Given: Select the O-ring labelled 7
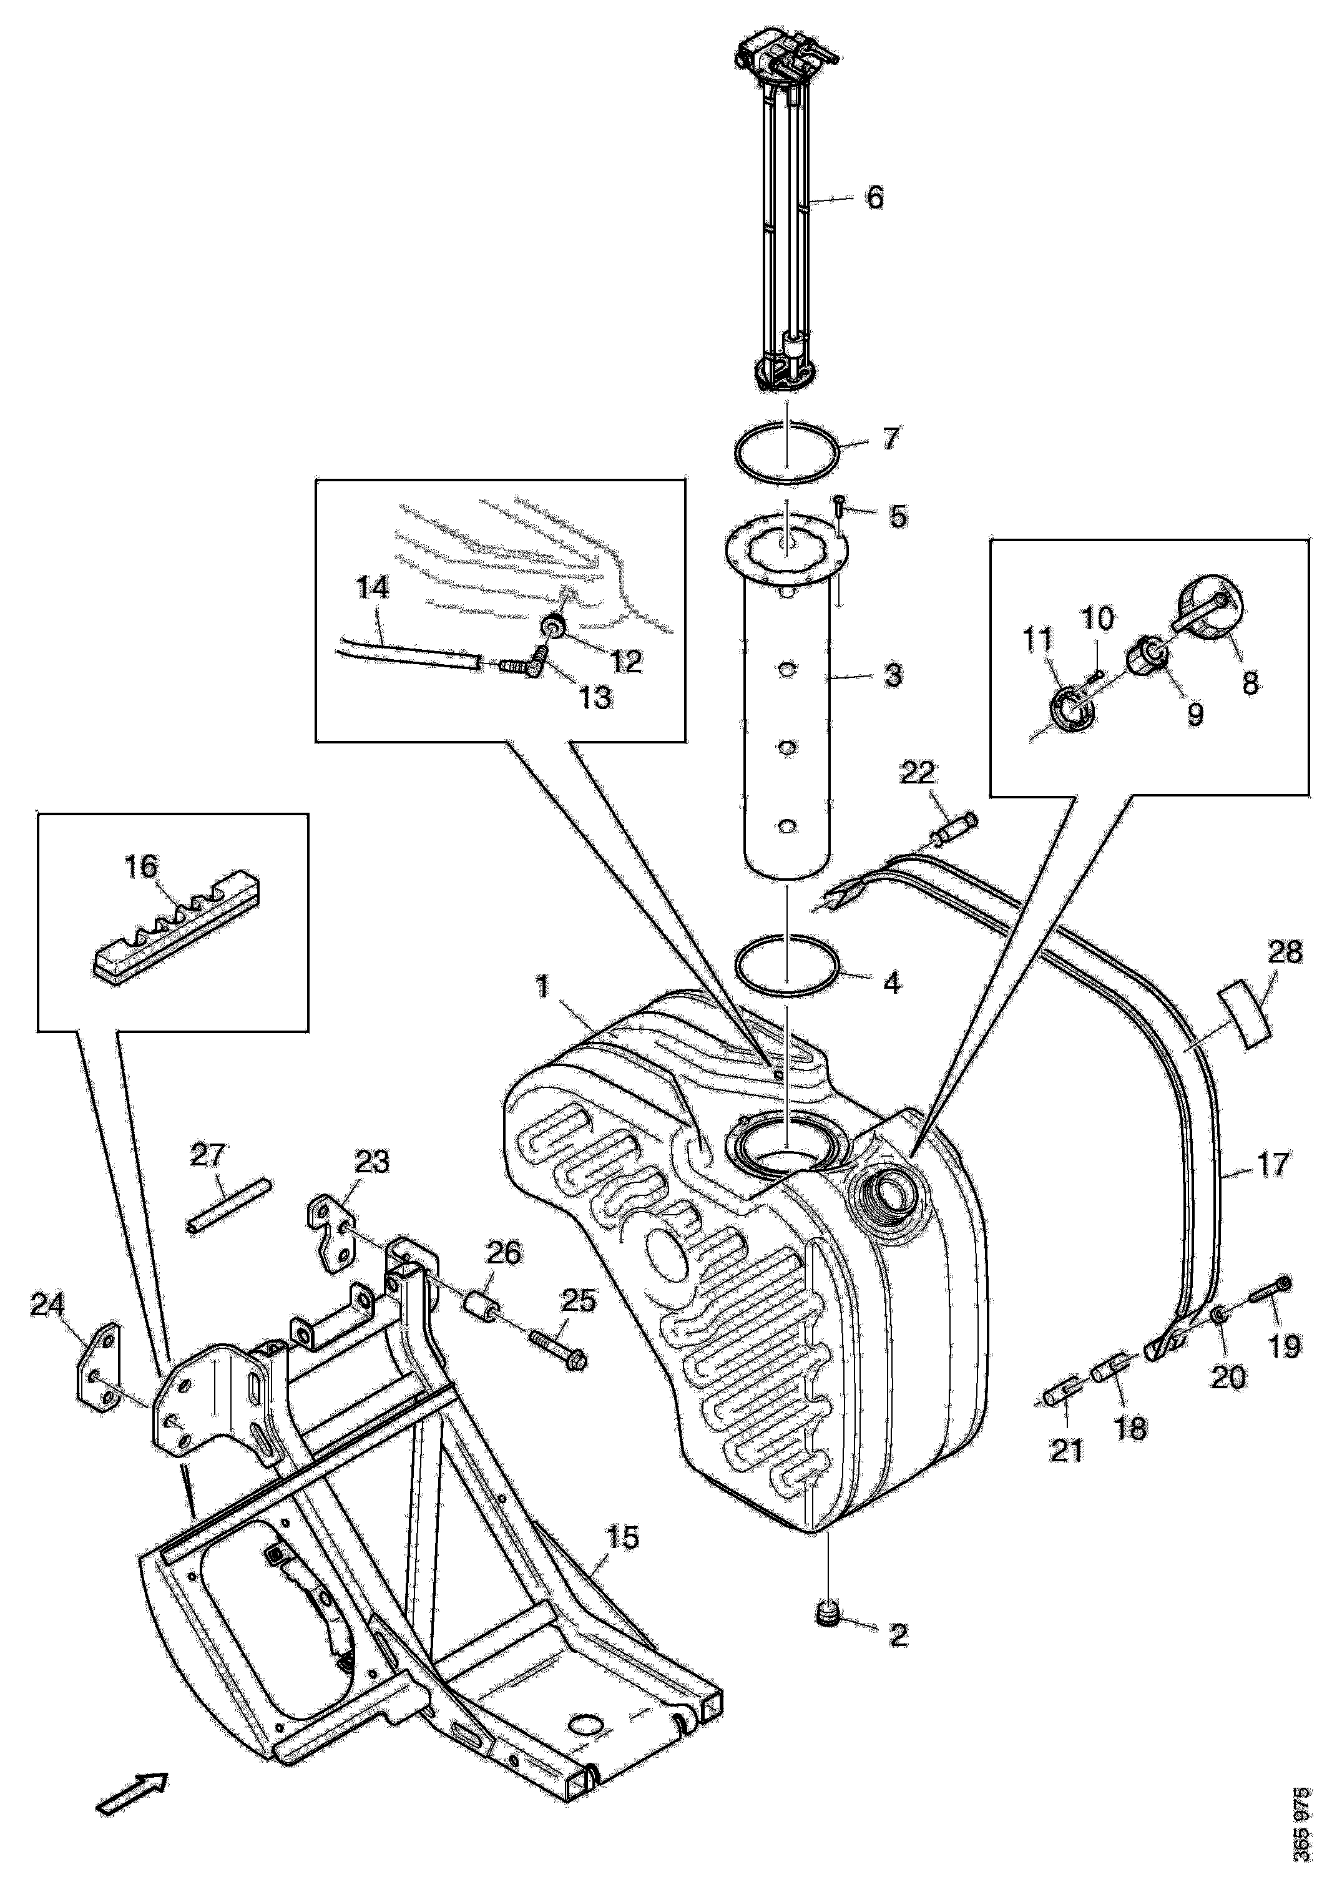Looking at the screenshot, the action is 784,449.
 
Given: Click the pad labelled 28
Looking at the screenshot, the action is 1245,1014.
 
